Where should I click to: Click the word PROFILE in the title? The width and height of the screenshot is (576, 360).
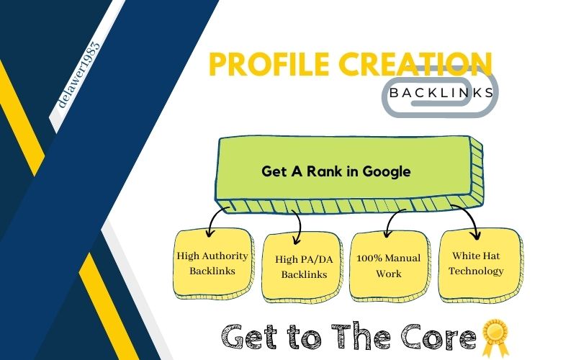tap(269, 64)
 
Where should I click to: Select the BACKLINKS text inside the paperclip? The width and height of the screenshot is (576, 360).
tap(441, 93)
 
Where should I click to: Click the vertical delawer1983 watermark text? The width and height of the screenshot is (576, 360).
tap(79, 75)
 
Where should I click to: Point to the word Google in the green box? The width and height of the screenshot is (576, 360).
tap(387, 172)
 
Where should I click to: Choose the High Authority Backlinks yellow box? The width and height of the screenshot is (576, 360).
tap(213, 264)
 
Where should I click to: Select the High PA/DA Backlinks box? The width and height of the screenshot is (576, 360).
tap(302, 267)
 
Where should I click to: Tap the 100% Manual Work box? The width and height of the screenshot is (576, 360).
tap(390, 266)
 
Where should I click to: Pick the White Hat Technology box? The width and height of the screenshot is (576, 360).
tap(480, 264)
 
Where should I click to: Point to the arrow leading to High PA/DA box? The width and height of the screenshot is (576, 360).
tap(299, 227)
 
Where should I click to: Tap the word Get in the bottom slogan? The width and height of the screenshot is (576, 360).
tap(251, 336)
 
